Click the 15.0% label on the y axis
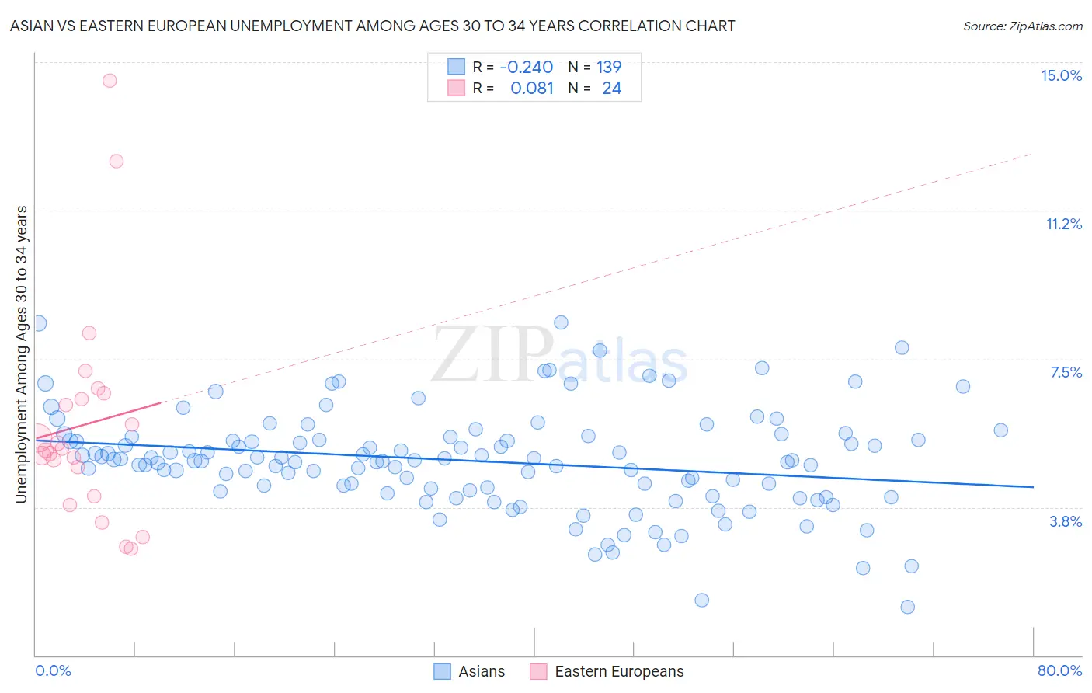[x=1061, y=75]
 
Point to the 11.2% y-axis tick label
[x=1063, y=224]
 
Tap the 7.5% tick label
[x=1066, y=372]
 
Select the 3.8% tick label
[x=1066, y=521]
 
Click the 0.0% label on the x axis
[x=53, y=670]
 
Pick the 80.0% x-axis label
[x=1059, y=670]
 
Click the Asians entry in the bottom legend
[x=481, y=671]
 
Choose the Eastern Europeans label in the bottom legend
[x=619, y=671]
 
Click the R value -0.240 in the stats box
[x=527, y=67]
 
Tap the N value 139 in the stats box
[x=609, y=67]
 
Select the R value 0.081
[x=532, y=89]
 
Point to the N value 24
[x=612, y=89]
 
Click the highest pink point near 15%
[x=110, y=81]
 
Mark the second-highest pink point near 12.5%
[x=117, y=162]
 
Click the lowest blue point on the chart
[x=907, y=607]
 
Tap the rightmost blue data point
[x=1000, y=430]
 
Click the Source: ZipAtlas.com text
[x=1022, y=26]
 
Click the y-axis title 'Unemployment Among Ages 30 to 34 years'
[x=21, y=354]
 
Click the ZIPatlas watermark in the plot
[x=559, y=356]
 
